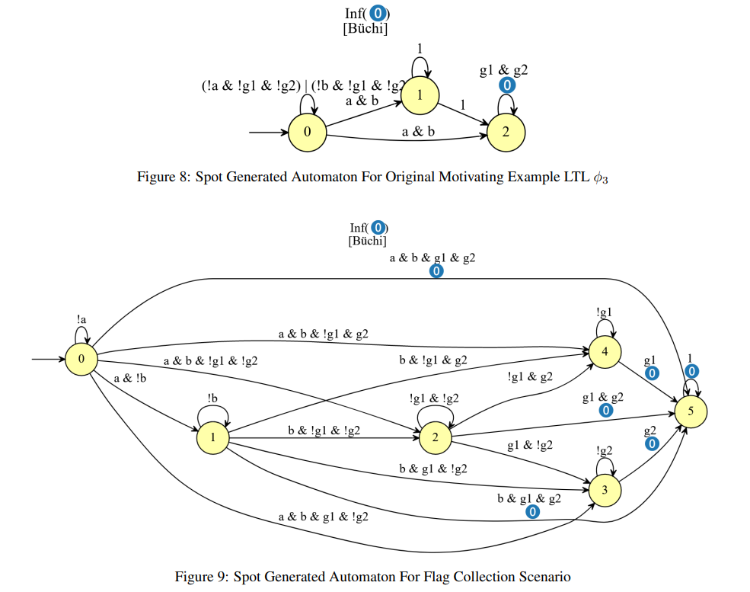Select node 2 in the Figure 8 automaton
(x=505, y=131)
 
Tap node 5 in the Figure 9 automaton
(x=691, y=411)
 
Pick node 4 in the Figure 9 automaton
(x=605, y=351)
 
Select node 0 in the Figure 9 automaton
(x=81, y=359)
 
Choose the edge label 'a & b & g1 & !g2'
(x=324, y=517)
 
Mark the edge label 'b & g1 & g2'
(x=529, y=499)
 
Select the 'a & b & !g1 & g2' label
(x=324, y=333)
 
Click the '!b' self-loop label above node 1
(x=213, y=398)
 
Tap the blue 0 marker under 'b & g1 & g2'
(x=533, y=512)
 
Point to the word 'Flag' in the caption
(x=432, y=576)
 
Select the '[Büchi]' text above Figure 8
(x=365, y=29)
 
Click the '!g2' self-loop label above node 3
(x=605, y=451)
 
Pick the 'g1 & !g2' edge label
(x=530, y=446)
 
